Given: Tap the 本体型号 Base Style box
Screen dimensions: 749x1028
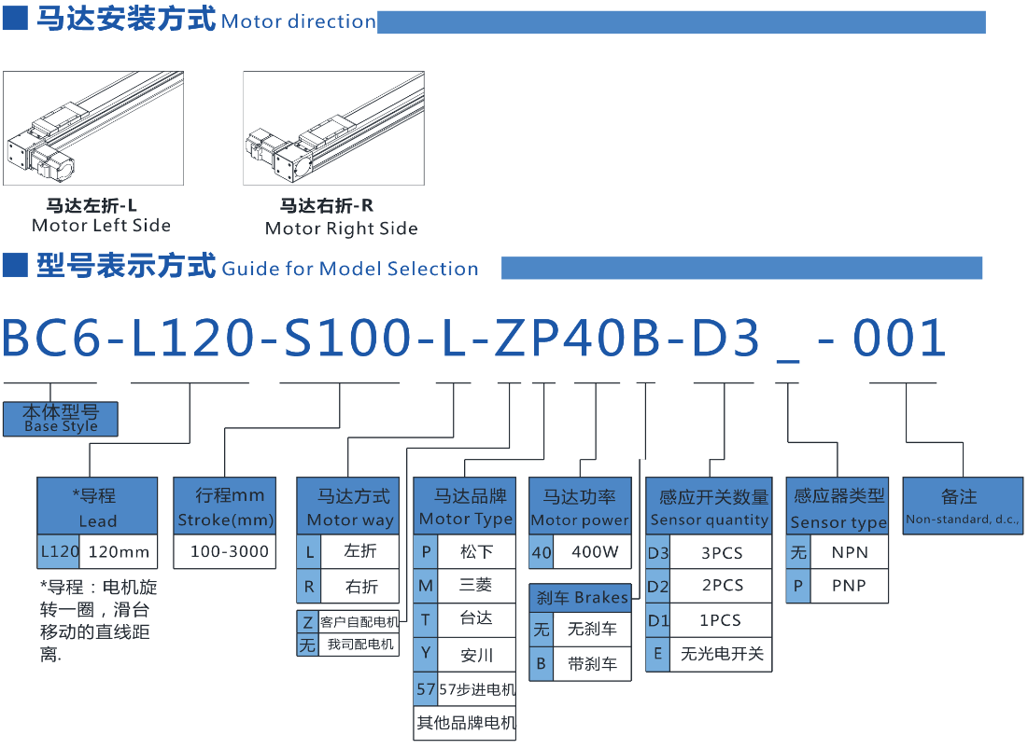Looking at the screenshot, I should (x=61, y=418).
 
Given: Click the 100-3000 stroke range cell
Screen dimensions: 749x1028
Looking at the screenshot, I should (x=230, y=551).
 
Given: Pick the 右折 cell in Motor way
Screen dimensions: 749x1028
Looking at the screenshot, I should (x=361, y=586).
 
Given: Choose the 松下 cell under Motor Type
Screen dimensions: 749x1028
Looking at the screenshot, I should (x=476, y=551).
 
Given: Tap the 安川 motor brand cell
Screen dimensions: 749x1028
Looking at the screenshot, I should (x=476, y=655).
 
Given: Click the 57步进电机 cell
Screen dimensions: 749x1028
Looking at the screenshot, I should (x=476, y=690).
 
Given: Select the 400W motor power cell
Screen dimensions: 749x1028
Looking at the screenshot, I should (x=595, y=551).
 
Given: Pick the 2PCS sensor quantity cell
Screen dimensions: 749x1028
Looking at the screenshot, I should (x=722, y=586).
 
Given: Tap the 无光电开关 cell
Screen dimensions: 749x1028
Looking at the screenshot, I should (x=722, y=654).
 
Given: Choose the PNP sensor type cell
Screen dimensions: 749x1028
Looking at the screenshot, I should (x=849, y=586).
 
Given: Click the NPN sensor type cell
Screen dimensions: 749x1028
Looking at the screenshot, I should (x=849, y=552).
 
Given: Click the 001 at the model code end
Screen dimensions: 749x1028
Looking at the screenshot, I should (x=900, y=338).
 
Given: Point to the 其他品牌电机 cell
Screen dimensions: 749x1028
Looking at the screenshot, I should (x=465, y=723).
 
